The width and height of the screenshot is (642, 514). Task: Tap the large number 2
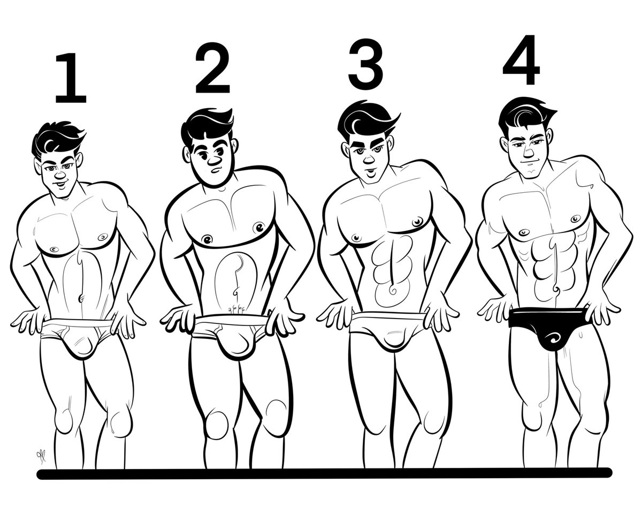pos(212,68)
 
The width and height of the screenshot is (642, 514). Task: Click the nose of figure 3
pos(369,160)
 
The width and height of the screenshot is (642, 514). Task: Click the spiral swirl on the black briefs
pos(551,339)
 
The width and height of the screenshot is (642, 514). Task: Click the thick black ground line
pos(324,473)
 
